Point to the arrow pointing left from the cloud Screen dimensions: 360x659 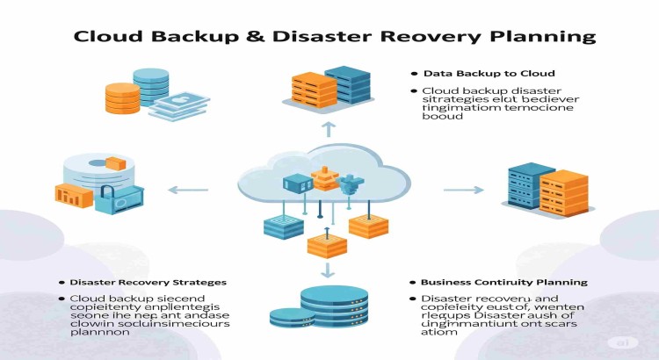tap(188, 189)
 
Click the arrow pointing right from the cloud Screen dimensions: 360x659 tap(464, 189)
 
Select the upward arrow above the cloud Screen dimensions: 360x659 tap(329, 129)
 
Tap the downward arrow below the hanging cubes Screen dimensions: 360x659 tap(329, 269)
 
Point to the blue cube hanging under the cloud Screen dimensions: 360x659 tap(283, 226)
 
